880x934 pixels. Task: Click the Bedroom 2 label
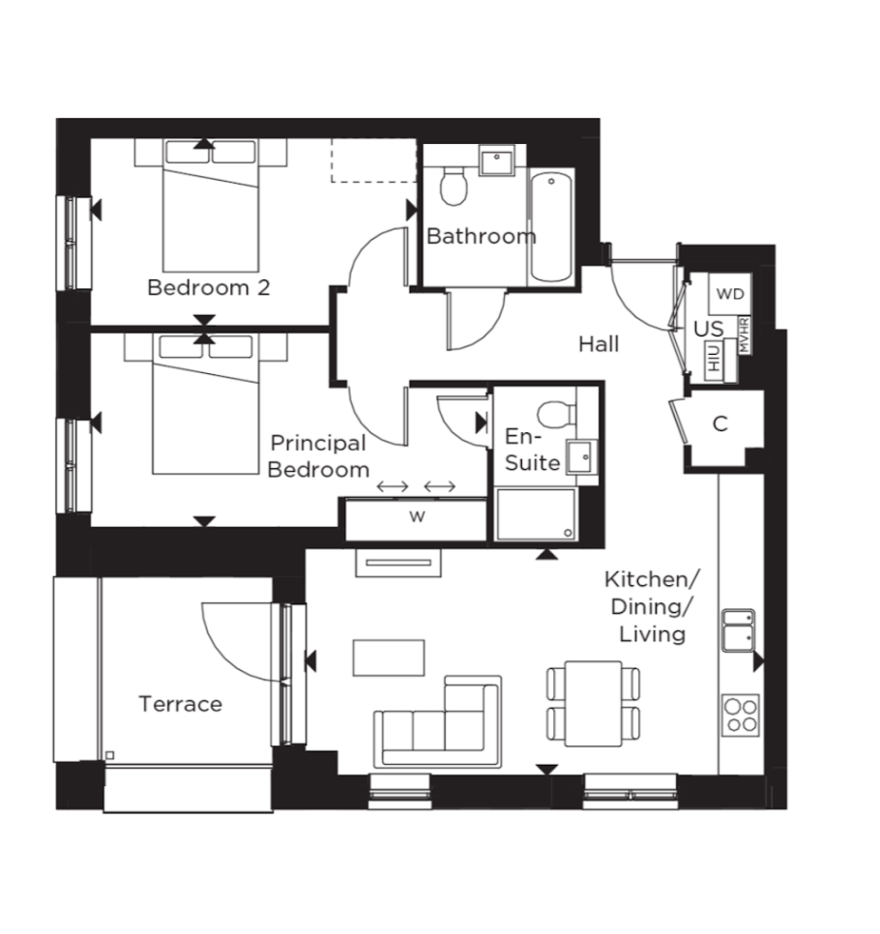(209, 288)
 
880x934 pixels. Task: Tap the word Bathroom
(482, 237)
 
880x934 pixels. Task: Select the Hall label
(599, 343)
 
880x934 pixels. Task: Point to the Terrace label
(181, 704)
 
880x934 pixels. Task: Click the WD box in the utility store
(730, 294)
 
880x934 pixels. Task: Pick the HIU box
(714, 360)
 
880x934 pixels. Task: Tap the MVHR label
(745, 336)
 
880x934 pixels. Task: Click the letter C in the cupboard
(719, 424)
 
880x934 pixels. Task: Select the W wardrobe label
(417, 516)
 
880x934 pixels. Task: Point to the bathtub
(551, 226)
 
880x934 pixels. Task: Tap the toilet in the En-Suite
(556, 412)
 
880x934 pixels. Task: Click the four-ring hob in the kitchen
(741, 715)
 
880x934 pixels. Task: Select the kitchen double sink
(739, 630)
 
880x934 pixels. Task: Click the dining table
(594, 704)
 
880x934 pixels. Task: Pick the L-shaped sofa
(438, 722)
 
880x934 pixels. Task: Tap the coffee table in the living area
(389, 657)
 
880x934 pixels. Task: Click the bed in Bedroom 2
(211, 206)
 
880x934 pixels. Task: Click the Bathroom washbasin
(497, 161)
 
